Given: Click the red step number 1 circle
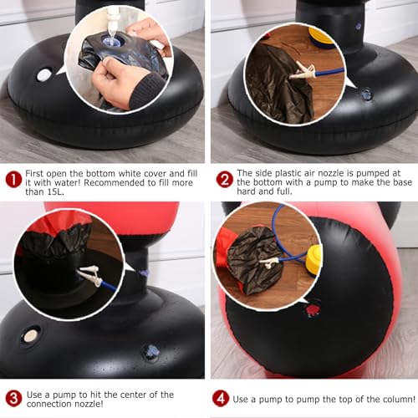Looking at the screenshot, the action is coord(13,179).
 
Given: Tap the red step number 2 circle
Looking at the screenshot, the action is coord(224,179).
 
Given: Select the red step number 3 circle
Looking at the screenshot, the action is coord(13,399).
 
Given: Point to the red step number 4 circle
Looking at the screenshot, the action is coord(221,398).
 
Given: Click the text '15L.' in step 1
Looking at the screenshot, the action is coord(55,192).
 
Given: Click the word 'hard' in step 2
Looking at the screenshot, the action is coord(247,191).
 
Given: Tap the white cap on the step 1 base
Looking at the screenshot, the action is coord(44,75).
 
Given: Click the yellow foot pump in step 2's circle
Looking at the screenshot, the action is coord(322,40).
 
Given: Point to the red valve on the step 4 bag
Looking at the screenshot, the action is coord(312,309).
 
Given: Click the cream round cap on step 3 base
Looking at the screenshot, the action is coord(30,336).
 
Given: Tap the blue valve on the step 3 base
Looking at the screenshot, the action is coord(151,351).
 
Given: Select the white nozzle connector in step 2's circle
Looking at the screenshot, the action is coord(303,72).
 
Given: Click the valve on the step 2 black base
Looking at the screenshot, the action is coord(366,94).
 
